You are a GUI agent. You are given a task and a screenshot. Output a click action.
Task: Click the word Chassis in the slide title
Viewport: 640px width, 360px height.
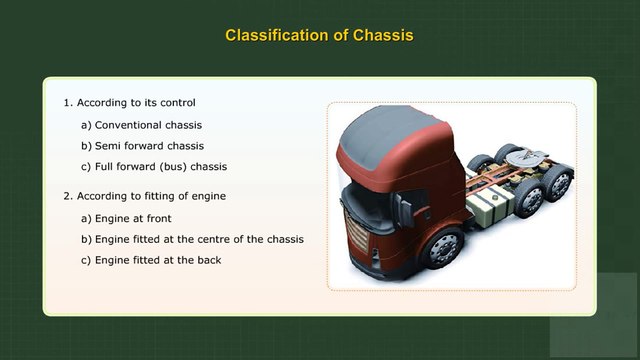click(x=375, y=35)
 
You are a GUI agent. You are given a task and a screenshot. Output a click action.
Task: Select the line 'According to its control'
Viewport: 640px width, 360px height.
click(x=135, y=102)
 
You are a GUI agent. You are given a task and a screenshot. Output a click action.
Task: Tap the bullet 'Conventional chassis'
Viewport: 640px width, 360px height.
click(x=148, y=125)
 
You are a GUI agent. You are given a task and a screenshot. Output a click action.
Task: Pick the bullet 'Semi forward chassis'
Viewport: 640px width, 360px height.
click(x=149, y=145)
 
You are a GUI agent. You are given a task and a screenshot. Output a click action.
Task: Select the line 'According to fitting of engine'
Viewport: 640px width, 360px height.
click(x=151, y=196)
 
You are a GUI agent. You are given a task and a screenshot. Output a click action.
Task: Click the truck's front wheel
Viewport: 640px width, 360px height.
click(x=439, y=247)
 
